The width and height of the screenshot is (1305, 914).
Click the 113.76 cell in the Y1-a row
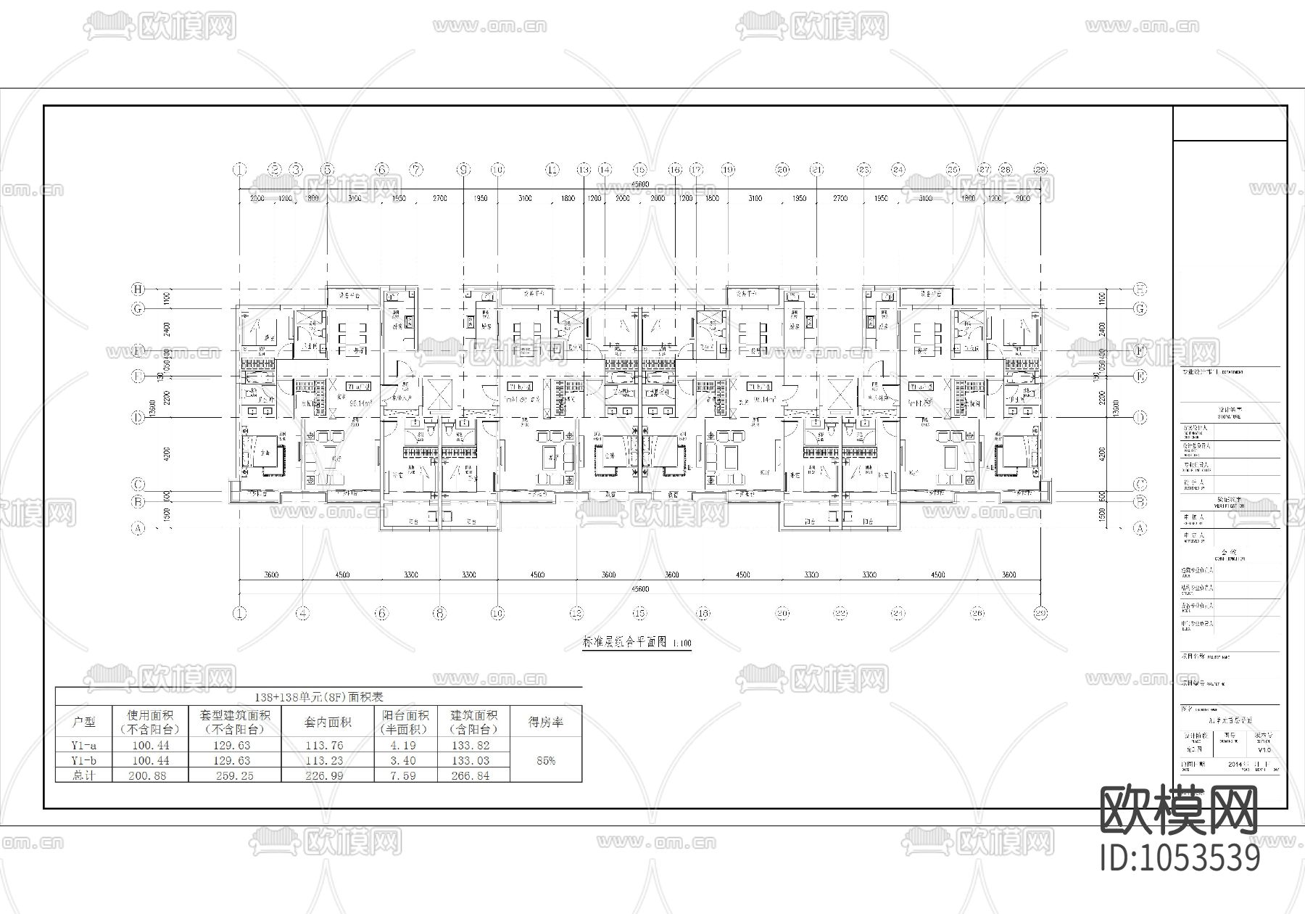tap(328, 745)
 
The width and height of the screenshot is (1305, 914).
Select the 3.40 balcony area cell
tap(405, 760)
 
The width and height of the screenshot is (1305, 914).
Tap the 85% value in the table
tap(545, 760)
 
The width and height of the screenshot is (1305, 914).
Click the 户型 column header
tap(84, 722)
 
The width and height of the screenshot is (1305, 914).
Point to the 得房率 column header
tap(545, 722)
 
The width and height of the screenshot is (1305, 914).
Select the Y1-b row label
tap(84, 760)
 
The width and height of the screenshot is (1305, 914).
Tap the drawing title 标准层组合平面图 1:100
tap(637, 643)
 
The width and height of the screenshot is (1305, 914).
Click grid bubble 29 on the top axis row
tap(1040, 170)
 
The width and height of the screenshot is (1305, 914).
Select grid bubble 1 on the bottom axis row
tap(240, 613)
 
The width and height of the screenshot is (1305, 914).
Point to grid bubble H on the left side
tap(138, 289)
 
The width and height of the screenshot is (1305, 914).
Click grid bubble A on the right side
tap(1140, 529)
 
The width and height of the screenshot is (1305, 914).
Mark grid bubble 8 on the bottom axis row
tap(439, 613)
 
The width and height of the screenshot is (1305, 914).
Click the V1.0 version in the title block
tap(1264, 750)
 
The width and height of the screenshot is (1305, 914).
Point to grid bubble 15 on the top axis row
tap(639, 170)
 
